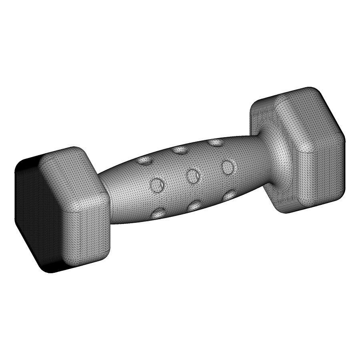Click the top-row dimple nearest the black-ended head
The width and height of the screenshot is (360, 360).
144,160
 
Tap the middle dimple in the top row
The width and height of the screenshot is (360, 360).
180,150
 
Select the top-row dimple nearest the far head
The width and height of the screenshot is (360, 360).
216,142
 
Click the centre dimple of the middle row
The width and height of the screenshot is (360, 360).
194,176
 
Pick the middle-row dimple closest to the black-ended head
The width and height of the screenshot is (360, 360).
158,185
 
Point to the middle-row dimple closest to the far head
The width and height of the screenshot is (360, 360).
228,166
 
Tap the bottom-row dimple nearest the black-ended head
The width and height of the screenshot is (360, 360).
160,212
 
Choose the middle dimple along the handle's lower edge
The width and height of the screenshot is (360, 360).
195,206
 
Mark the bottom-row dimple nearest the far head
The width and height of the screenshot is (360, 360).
229,195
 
